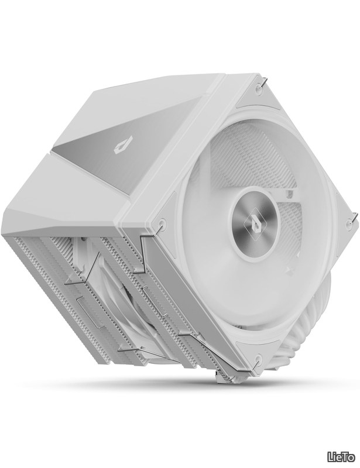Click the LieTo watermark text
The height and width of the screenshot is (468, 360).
[341, 457]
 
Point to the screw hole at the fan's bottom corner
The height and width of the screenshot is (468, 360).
[258, 359]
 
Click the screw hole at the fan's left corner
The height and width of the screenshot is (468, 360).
[162, 222]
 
